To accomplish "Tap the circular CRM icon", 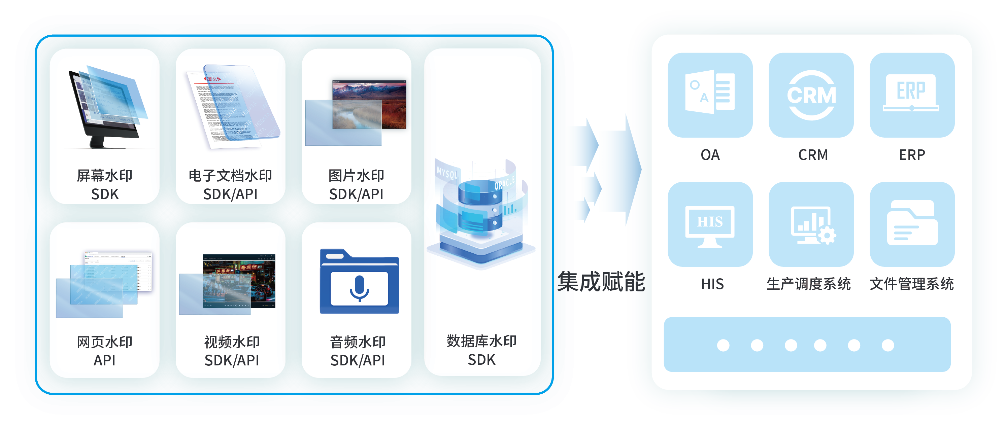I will pos(811,95).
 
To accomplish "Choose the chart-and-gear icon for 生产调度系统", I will pos(812,225).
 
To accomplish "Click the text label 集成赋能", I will pos(601,282).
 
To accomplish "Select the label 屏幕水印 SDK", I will pos(104,185).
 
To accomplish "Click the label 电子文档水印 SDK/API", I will pos(230,185).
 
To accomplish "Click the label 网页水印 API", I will pos(104,351).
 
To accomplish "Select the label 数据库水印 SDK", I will pos(481,350).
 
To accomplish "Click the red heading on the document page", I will pos(212,79).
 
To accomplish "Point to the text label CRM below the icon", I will pos(813,155).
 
